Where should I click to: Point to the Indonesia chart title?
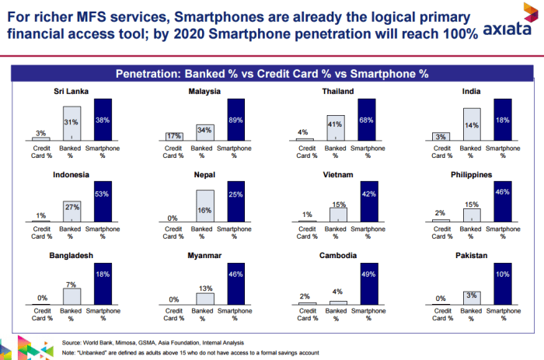pos(71,175)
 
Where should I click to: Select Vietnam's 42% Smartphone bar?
pos(368,202)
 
